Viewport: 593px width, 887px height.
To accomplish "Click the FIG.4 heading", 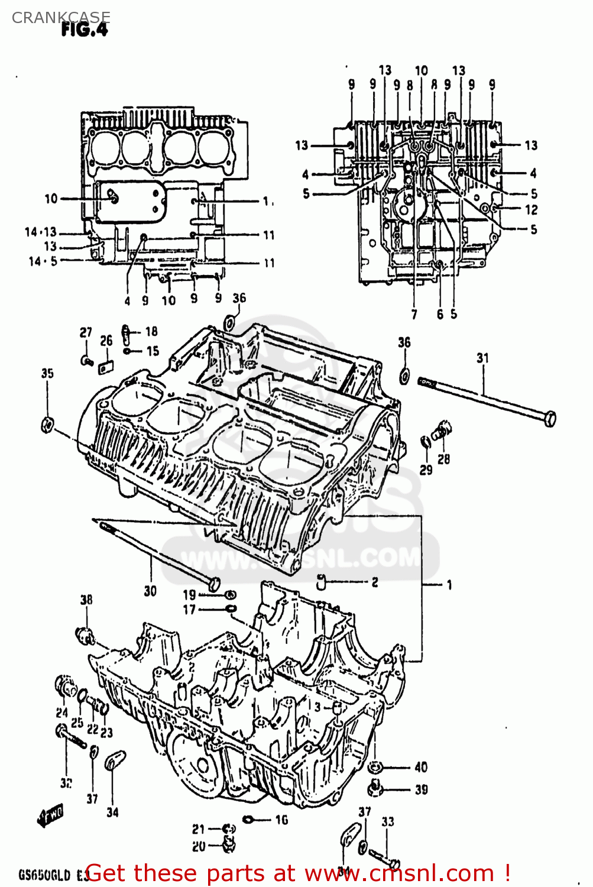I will pos(85,30).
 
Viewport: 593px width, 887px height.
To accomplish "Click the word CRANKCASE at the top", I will pos(60,18).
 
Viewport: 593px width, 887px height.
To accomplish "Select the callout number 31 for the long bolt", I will pos(483,358).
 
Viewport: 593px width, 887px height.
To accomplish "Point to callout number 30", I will pos(150,591).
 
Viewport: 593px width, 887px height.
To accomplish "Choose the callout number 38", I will pos(86,600).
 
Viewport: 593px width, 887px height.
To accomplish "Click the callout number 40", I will pos(421,767).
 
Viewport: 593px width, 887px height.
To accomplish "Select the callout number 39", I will pos(421,789).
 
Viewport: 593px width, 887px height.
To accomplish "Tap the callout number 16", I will pos(281,820).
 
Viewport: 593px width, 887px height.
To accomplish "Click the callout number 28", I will pos(443,458).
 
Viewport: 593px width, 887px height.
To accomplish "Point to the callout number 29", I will pos(426,470).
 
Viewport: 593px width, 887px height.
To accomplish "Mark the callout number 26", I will pos(106,341).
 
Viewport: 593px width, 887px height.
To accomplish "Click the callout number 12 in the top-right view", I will pos(531,209).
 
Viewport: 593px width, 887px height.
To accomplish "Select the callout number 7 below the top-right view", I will pos(414,315).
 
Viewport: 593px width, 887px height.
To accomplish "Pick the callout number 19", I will pos(189,594).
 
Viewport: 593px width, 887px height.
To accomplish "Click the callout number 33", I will pos(387,821).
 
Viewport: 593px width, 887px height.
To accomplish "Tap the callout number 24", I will pos(62,713).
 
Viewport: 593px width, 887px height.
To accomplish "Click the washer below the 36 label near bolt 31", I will pos(404,375).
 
